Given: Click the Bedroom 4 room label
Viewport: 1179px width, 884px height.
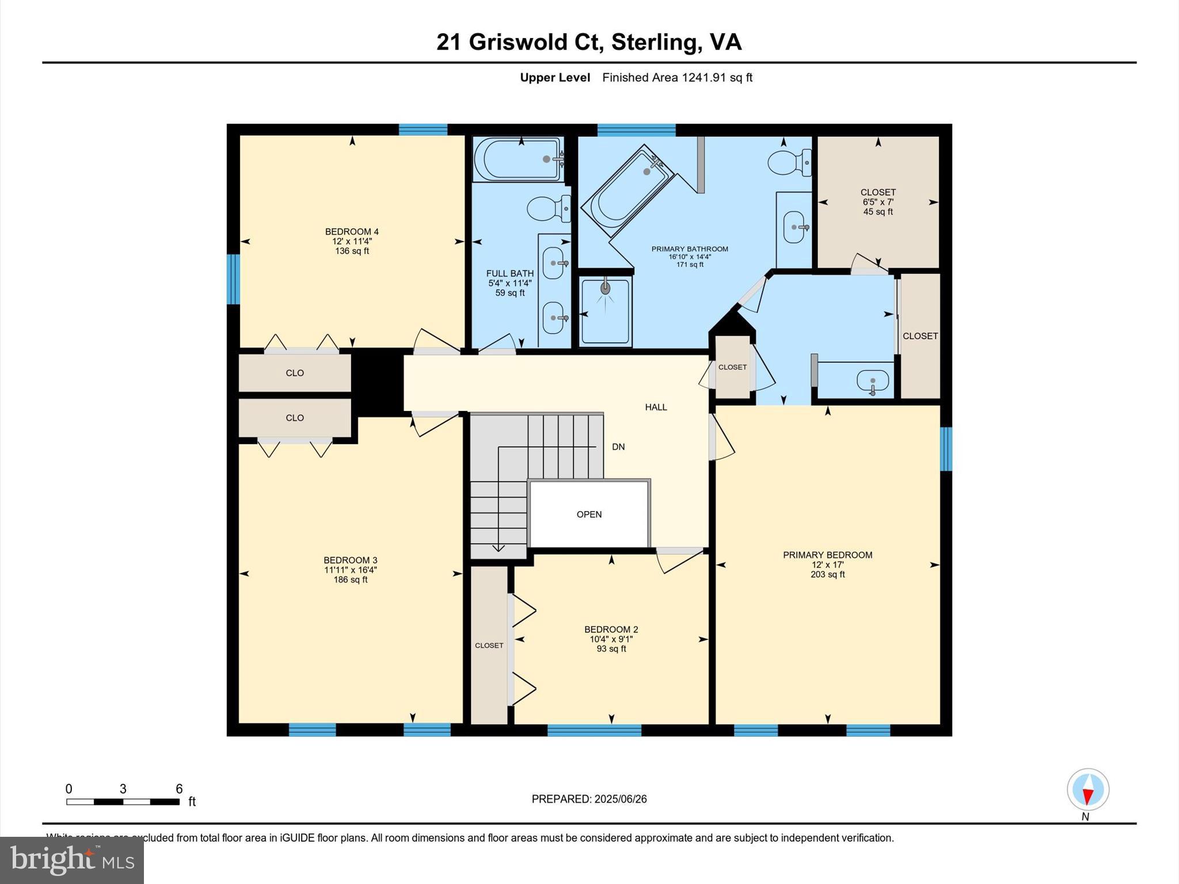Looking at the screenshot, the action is [x=352, y=232].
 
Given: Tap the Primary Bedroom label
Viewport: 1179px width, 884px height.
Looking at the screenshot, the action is [x=827, y=555].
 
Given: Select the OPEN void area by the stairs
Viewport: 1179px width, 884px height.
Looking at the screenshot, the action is [x=589, y=514].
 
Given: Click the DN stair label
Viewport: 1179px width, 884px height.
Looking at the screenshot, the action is [x=618, y=447].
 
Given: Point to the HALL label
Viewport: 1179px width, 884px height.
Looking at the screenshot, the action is [x=656, y=407].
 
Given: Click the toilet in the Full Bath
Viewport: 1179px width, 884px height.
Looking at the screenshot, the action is [x=549, y=208].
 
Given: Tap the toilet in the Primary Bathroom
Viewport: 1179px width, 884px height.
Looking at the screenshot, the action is [x=789, y=162].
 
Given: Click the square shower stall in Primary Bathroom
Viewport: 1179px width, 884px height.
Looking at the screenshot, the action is [x=606, y=311].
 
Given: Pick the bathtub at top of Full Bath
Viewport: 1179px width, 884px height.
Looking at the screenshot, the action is [x=518, y=158].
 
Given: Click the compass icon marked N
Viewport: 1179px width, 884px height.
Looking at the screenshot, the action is [x=1087, y=790].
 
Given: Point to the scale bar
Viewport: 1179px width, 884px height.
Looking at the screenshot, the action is [x=123, y=802].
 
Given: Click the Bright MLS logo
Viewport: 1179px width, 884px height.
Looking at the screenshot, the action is [x=72, y=860].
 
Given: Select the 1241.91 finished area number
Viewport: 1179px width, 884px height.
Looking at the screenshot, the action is [x=704, y=78].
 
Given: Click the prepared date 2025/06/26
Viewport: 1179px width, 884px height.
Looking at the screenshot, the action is [x=621, y=799].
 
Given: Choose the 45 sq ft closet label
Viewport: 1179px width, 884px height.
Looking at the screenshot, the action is [x=878, y=212].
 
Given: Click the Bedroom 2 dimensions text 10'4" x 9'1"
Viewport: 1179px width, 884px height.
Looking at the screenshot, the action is [x=611, y=639].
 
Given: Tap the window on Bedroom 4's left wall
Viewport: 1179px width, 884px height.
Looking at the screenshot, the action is [x=233, y=279].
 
